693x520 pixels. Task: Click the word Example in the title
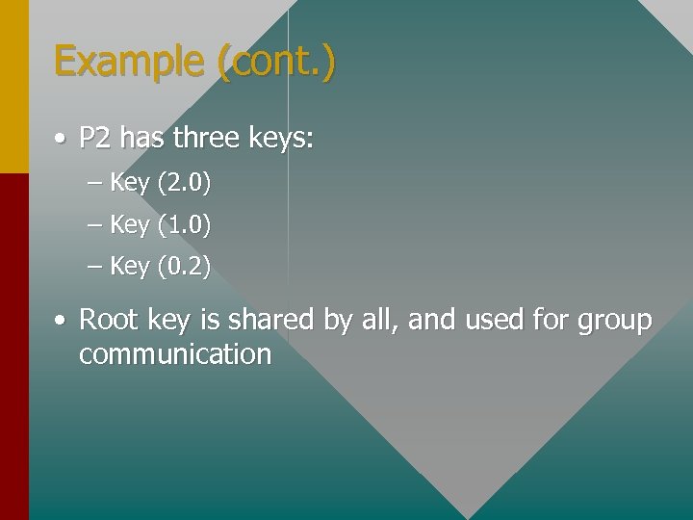[x=131, y=63]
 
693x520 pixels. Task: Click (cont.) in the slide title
[x=277, y=63]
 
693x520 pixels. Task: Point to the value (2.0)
[x=183, y=182]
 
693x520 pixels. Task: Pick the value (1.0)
[x=183, y=224]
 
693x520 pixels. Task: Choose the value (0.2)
[x=183, y=266]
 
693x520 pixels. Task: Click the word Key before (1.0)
[x=130, y=224]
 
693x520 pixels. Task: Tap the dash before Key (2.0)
[x=93, y=182]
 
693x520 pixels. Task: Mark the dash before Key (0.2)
[x=93, y=266]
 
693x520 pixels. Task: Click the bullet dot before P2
[x=60, y=140]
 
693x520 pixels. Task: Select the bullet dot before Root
[x=60, y=320]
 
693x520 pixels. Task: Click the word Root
[x=107, y=320]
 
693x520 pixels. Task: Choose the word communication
[x=175, y=354]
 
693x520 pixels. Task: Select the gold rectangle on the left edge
[x=13, y=87]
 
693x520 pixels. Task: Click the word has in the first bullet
[x=142, y=139]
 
